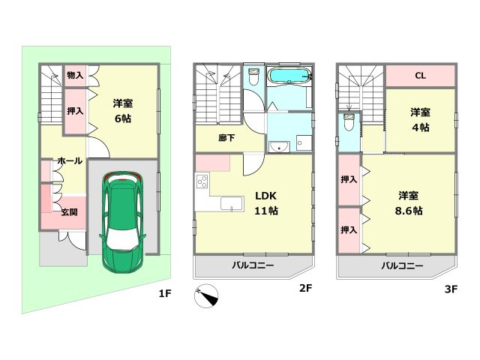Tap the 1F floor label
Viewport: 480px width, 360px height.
click(165, 293)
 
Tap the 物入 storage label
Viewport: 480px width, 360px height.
click(74, 74)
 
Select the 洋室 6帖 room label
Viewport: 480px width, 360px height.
click(124, 109)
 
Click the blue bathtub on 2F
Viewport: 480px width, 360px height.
click(288, 76)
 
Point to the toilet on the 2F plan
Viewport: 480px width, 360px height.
click(253, 77)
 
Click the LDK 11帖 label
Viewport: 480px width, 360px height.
click(266, 203)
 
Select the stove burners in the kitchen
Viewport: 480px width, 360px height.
click(202, 181)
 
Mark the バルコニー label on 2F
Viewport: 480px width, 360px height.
click(252, 265)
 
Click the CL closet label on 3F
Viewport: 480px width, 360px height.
click(420, 75)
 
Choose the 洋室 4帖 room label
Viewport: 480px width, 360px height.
click(420, 119)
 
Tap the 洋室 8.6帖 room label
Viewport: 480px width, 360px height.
click(409, 202)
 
